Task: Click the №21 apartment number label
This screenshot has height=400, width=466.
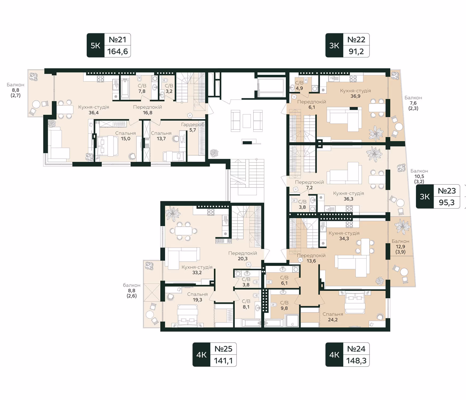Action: coord(117,39)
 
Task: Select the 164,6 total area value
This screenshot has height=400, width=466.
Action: coord(117,51)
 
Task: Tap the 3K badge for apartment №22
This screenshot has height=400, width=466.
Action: coord(334,45)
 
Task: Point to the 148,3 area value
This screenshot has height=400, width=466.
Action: coord(356,361)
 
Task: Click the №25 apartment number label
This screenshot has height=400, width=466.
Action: coord(223,349)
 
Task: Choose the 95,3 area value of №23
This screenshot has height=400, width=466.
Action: coord(447,202)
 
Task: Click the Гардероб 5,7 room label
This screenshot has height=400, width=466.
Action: coord(193,127)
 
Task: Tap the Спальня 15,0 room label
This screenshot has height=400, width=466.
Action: coord(126,136)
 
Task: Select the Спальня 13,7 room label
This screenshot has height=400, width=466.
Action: coord(161,136)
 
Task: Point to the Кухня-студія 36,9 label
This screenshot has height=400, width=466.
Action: coord(355,93)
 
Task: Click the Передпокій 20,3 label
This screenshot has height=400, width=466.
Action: coord(243,256)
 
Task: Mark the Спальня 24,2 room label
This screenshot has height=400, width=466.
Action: coord(333,317)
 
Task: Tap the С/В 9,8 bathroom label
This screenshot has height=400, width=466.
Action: coord(284,305)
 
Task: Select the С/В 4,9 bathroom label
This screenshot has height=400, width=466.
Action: coord(299,85)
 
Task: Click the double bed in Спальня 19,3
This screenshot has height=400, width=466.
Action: coord(188,315)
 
